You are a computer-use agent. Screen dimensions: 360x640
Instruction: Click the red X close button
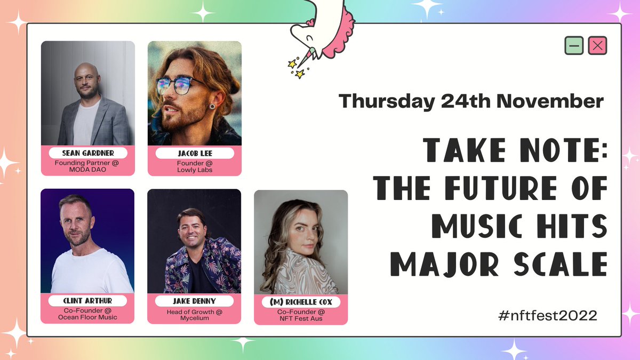coord(597,46)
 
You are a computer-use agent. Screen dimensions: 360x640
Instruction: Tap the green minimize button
coord(574,46)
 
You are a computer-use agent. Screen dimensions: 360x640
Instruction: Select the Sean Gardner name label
coord(88,154)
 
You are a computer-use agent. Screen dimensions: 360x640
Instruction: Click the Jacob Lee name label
coord(194,154)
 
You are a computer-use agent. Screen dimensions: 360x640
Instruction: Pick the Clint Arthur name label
coord(87,301)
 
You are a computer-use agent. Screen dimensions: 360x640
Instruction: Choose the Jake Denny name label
coord(194,301)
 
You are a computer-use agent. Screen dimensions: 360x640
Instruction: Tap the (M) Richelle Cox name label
coord(301,302)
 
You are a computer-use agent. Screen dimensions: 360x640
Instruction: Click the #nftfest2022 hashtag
coord(547,315)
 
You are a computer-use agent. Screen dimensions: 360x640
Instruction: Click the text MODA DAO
coord(88,170)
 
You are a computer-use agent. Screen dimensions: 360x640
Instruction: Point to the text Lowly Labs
coord(194,170)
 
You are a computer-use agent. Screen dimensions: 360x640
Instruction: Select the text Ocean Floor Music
coord(87,318)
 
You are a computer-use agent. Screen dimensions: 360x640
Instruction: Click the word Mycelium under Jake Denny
coord(194,318)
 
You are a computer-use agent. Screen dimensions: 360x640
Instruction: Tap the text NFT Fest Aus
coord(301,318)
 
